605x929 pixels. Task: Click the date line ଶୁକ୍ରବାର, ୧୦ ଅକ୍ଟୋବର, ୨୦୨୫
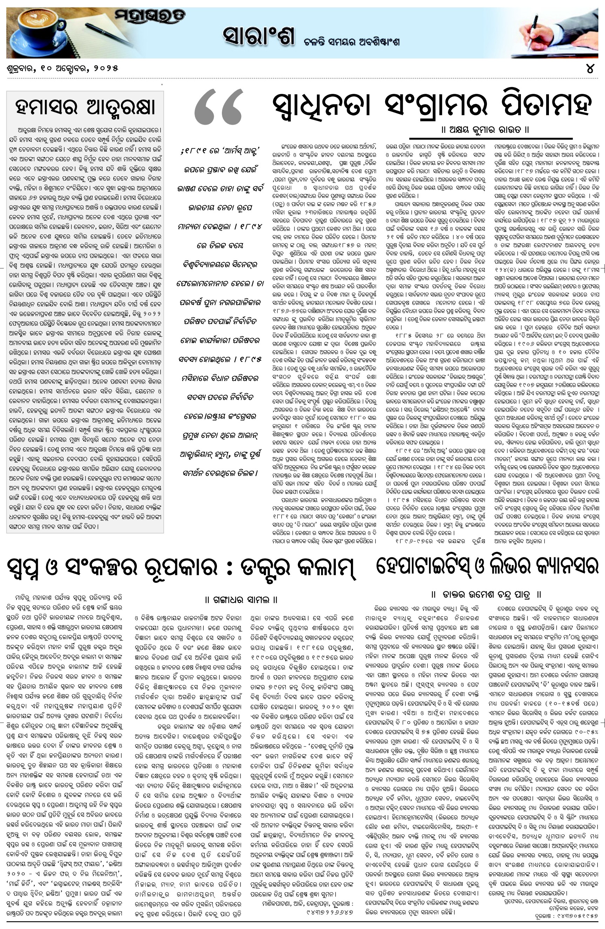coord(62,68)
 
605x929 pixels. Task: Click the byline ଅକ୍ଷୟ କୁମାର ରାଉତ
coord(485,129)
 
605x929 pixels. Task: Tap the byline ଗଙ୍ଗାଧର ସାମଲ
coord(242,599)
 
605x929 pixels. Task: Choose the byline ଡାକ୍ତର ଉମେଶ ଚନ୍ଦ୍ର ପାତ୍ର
coord(486,594)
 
